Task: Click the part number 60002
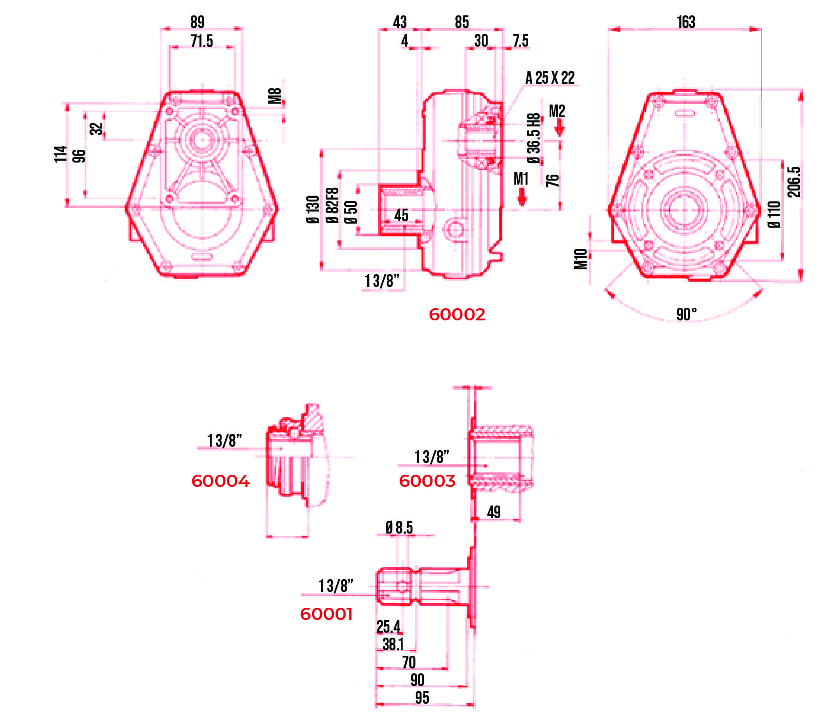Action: pyautogui.click(x=457, y=315)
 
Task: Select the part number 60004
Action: pyautogui.click(x=220, y=481)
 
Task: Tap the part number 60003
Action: pyautogui.click(x=427, y=481)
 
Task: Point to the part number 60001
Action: pyautogui.click(x=326, y=614)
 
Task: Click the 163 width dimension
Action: pyautogui.click(x=686, y=22)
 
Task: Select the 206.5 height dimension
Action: pyautogui.click(x=794, y=182)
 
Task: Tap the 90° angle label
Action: pyautogui.click(x=686, y=314)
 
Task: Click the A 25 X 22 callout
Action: pyautogui.click(x=550, y=78)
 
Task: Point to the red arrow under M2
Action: pyautogui.click(x=559, y=129)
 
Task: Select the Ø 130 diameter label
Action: pyautogui.click(x=313, y=209)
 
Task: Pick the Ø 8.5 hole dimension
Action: pyautogui.click(x=399, y=528)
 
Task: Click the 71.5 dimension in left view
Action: pyautogui.click(x=202, y=41)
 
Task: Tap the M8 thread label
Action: pyautogui.click(x=275, y=96)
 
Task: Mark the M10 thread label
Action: pyautogui.click(x=581, y=259)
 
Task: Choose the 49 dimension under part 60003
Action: pyautogui.click(x=494, y=512)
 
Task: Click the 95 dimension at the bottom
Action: pyautogui.click(x=422, y=697)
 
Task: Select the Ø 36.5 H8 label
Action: pyautogui.click(x=534, y=138)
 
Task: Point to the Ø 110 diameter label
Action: pyautogui.click(x=774, y=214)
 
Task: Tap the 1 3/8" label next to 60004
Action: pyautogui.click(x=224, y=440)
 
